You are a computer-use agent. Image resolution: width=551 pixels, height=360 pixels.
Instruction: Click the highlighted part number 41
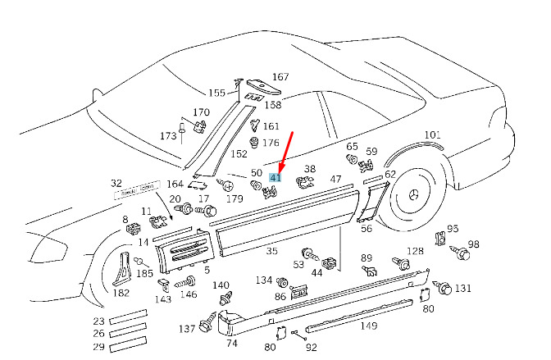[276, 177]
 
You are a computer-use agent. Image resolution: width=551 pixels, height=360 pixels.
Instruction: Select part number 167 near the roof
[280, 77]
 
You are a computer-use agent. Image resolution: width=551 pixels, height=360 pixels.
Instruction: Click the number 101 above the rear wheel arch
[432, 134]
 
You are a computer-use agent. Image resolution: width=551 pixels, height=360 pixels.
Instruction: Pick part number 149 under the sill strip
[368, 326]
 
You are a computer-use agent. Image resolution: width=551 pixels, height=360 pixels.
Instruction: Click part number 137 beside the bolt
[187, 329]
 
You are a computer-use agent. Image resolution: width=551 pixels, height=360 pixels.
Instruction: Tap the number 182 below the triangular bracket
[121, 293]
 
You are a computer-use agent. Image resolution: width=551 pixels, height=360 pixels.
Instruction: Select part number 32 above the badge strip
[116, 184]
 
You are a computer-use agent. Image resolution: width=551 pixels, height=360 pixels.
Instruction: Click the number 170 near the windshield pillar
[201, 112]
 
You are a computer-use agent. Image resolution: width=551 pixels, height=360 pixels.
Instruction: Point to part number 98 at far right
[473, 245]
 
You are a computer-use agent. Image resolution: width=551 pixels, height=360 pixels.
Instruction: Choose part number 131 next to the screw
[463, 289]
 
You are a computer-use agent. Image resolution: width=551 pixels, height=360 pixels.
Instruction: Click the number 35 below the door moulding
[271, 253]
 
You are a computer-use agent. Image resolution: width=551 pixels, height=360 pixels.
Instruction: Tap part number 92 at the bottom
[311, 347]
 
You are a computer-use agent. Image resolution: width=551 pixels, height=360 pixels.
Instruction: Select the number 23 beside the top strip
[98, 321]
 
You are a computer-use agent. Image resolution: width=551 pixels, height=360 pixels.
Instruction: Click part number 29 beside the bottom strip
[98, 348]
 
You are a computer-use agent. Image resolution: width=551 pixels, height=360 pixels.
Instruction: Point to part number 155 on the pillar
[216, 93]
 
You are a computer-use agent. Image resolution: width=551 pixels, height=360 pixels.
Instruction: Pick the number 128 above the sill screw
[416, 251]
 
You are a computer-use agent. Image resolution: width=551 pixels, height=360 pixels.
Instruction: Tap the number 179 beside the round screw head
[235, 198]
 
